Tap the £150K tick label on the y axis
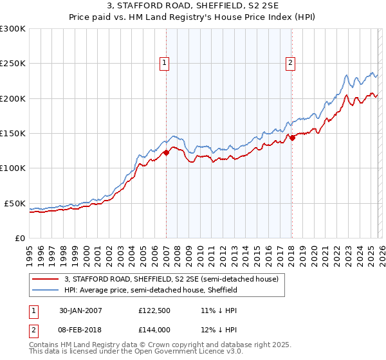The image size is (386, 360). [13, 134]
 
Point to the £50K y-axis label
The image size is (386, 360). [15, 203]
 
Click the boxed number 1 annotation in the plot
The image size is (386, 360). [165, 63]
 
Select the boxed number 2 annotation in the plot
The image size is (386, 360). [291, 63]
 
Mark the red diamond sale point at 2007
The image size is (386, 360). [166, 152]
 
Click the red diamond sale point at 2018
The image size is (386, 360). [291, 137]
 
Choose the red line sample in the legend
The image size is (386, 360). [46, 280]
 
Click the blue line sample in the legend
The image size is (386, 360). [46, 291]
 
